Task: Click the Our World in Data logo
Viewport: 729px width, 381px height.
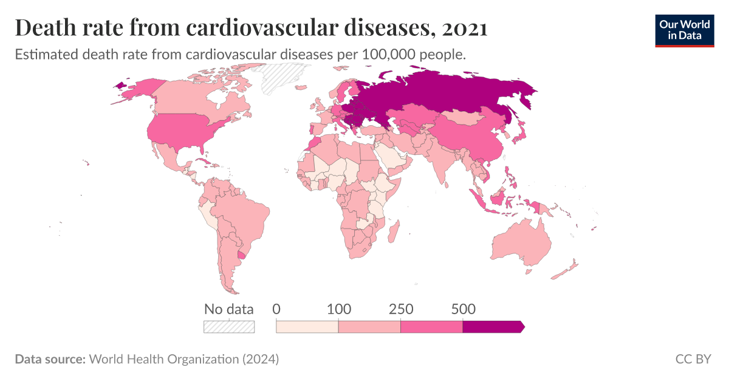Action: pos(684,30)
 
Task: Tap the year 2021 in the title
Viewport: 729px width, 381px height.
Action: pos(464,28)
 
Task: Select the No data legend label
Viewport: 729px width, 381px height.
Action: pos(228,309)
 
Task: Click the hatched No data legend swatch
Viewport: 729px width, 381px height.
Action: pos(228,326)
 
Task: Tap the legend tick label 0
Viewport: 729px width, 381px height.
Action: pos(276,309)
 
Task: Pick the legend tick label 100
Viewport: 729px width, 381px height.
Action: pos(338,309)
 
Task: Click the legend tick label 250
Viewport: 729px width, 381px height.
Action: pos(401,309)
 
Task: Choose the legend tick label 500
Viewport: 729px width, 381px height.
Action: pos(463,309)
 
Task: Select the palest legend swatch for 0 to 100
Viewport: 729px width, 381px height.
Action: pos(307,327)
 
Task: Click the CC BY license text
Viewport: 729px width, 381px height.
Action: pos(693,359)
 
